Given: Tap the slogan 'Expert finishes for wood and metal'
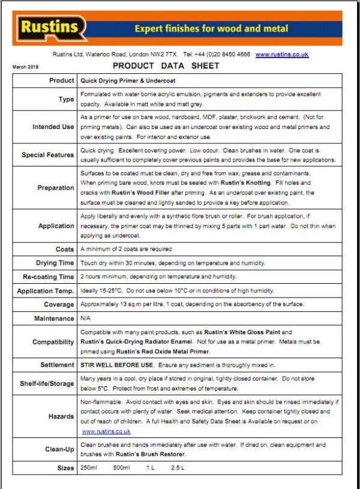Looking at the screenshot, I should pyautogui.click(x=211, y=28).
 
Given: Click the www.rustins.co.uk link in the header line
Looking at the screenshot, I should pyautogui.click(x=281, y=54).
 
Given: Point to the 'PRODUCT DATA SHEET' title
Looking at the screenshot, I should pyautogui.click(x=166, y=65).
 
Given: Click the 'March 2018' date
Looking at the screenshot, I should pyautogui.click(x=25, y=67).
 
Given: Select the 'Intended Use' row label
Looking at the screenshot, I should pyautogui.click(x=53, y=127).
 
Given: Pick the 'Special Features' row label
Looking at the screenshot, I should pyautogui.click(x=48, y=155).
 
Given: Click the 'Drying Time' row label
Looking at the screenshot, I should pyautogui.click(x=55, y=263).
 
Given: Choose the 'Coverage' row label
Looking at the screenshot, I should pyautogui.click(x=58, y=305).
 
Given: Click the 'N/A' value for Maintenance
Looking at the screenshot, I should pyautogui.click(x=86, y=319).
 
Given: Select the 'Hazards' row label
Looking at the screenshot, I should pyautogui.click(x=61, y=416).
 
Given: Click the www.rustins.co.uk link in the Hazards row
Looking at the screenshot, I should pyautogui.click(x=106, y=431).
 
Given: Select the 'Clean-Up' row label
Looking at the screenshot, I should pyautogui.click(x=59, y=449).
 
